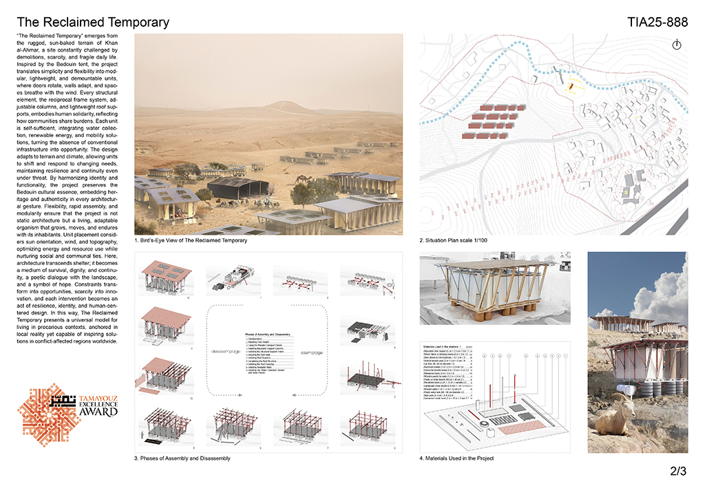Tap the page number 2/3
[x=677, y=472]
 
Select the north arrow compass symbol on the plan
[x=676, y=44]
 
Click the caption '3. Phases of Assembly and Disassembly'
[x=182, y=458]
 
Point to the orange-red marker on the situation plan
[x=571, y=87]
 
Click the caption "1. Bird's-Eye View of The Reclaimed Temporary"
[x=191, y=241]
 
